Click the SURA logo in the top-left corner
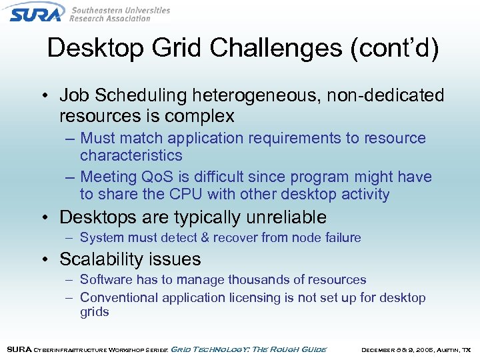[37, 13]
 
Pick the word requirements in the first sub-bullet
[303, 138]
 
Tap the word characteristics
[131, 155]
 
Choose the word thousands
[252, 279]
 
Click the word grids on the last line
[94, 312]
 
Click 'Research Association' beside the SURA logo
[110, 19]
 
